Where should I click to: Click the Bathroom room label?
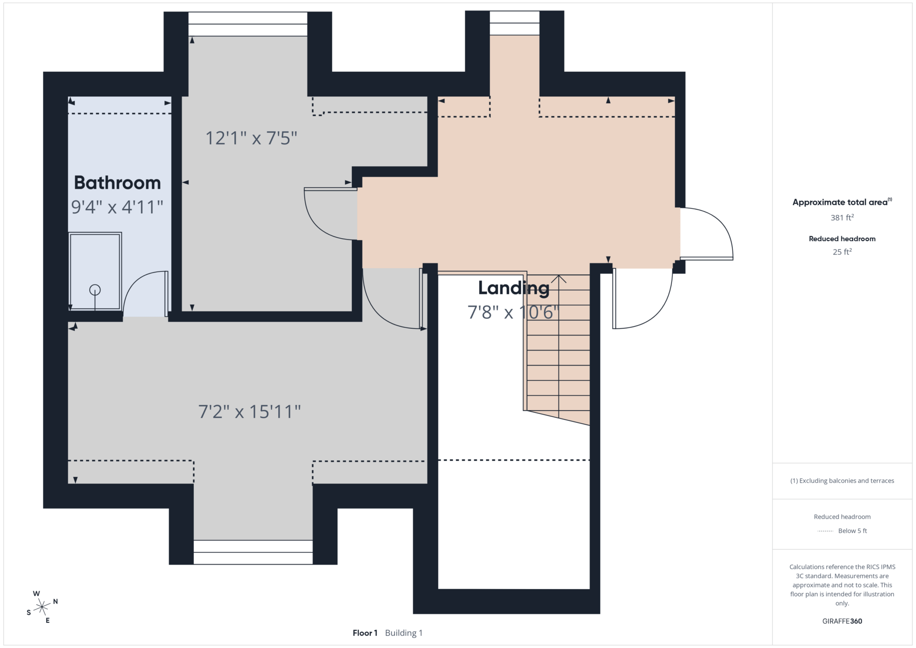pos(117,183)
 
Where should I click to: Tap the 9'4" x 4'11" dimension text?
pos(117,207)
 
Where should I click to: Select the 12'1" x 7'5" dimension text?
pos(251,138)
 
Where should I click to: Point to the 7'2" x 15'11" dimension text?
pos(250,412)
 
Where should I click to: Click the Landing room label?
pos(513,288)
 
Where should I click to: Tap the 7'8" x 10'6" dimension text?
pos(513,312)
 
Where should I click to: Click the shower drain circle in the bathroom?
pos(95,290)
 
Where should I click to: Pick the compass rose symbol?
pos(42,607)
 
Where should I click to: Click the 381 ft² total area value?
pos(842,217)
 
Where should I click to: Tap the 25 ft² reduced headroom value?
pos(842,252)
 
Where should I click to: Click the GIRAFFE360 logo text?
pos(842,621)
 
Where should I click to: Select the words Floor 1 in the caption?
pos(365,633)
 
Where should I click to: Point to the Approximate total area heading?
pos(842,202)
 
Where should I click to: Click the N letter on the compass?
pos(55,601)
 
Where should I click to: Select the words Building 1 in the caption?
pos(404,633)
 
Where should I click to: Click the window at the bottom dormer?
pos(253,552)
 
